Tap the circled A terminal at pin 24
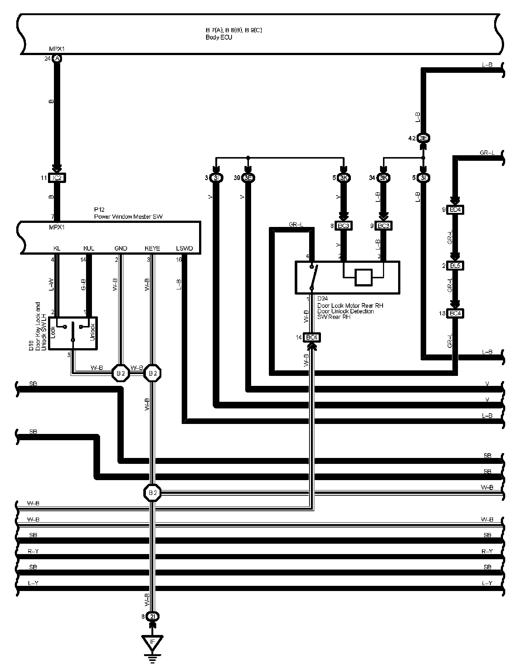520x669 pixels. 57,58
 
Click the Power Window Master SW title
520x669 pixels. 128,217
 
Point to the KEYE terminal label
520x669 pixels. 152,248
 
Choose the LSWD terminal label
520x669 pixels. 185,248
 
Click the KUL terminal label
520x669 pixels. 89,248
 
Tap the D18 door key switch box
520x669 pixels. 73,333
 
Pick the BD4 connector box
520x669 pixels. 455,210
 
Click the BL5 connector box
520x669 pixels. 455,265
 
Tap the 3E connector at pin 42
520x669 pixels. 423,138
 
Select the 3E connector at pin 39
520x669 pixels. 248,178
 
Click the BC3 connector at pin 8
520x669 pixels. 343,225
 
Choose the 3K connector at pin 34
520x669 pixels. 384,178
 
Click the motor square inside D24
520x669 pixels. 364,277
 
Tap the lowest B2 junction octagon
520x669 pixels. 152,492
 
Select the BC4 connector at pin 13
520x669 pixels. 455,313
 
